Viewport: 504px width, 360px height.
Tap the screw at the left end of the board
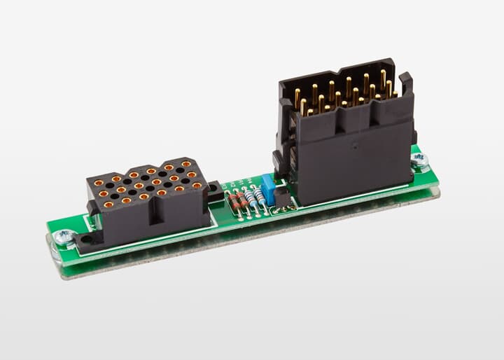(64, 237)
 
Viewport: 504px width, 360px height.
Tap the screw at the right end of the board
(421, 161)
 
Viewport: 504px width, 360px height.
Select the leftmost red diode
(234, 203)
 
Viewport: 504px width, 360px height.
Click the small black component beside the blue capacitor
(282, 198)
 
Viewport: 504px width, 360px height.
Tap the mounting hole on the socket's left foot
(85, 240)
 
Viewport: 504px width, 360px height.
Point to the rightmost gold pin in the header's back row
(383, 77)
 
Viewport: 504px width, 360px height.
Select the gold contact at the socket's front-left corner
(108, 205)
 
